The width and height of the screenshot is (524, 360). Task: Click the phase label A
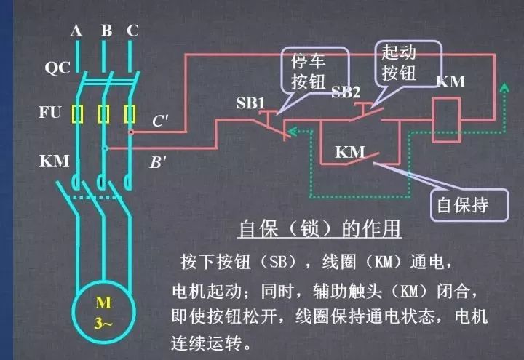point(76,31)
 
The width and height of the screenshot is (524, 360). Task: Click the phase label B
point(106,31)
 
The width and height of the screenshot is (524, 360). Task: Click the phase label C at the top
point(132,31)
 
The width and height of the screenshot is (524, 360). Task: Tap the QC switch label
point(57,68)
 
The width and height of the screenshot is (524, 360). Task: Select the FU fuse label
point(50,112)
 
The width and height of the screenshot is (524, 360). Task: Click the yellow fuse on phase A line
point(77,114)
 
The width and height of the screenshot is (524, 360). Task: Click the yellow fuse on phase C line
point(130,114)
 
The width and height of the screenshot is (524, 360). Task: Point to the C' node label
point(160,121)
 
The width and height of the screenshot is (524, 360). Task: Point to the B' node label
point(157,162)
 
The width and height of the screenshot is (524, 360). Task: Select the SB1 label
point(250,103)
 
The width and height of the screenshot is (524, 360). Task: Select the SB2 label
point(346,92)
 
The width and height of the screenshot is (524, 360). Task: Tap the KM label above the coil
point(450,81)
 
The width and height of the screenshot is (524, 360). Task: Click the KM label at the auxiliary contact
point(350,152)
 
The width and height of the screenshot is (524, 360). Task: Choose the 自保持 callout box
point(469,205)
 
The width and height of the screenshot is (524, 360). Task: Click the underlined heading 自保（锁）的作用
point(319,229)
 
